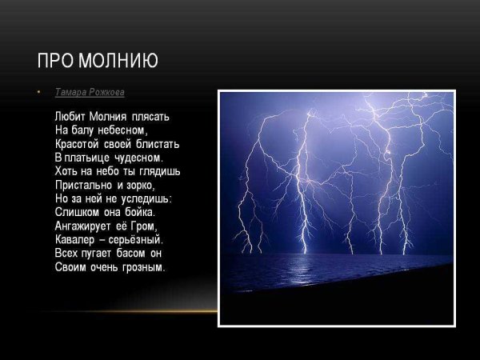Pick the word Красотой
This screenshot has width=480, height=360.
pyautogui.click(x=77, y=144)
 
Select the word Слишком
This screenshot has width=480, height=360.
pyautogui.click(x=75, y=212)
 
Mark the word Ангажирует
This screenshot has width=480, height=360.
pyautogui.click(x=83, y=226)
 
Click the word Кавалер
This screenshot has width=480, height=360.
pyautogui.click(x=75, y=240)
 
